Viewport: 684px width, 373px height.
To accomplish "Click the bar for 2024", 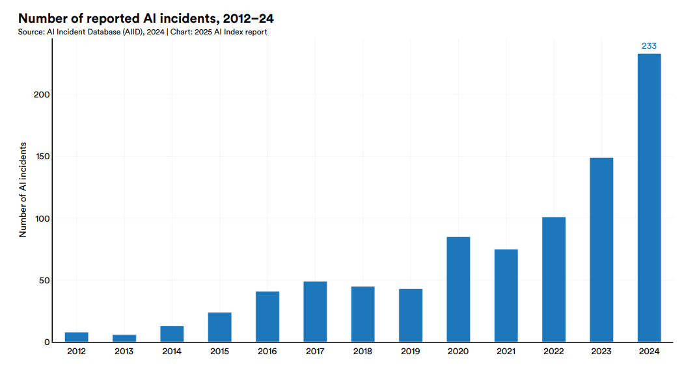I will pos(649,198).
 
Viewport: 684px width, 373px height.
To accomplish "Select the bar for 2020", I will pos(458,289).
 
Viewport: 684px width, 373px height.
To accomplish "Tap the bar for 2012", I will pos(77,337).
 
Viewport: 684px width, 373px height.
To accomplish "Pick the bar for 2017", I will pos(315,311).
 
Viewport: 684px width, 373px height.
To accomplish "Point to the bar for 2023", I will pos(601,250).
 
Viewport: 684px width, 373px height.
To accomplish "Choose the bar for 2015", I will pos(220,327).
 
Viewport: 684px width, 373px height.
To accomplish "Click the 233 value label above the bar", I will pos(649,46).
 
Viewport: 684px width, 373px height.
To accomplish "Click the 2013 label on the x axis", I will pos(124,352).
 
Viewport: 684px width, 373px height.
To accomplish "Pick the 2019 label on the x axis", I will pos(411,352).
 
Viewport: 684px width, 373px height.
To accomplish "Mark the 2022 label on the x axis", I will pos(554,352).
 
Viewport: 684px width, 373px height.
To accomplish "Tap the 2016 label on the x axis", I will pos(267,352).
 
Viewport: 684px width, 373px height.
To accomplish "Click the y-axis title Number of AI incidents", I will pos(23,189).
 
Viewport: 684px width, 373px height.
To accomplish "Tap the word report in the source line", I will pos(254,32).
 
